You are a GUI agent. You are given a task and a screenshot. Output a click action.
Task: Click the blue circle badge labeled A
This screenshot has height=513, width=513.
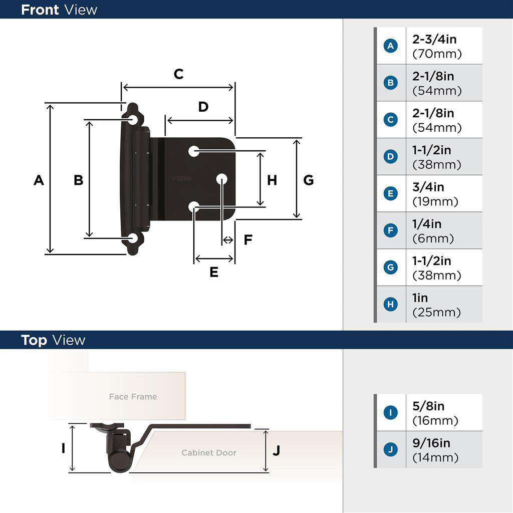pyautogui.click(x=391, y=46)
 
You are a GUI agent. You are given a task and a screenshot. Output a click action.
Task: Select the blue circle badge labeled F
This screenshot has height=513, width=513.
pyautogui.click(x=391, y=231)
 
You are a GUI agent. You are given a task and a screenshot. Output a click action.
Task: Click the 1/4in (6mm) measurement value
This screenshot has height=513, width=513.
pyautogui.click(x=433, y=231)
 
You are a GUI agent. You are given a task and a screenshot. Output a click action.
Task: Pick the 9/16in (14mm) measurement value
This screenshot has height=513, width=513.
pyautogui.click(x=435, y=450)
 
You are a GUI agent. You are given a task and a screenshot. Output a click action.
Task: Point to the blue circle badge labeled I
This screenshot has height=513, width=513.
pyautogui.click(x=391, y=413)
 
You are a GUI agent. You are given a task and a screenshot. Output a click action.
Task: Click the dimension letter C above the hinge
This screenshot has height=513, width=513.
pyautogui.click(x=178, y=74)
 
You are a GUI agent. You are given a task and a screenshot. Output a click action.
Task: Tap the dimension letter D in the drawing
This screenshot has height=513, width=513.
pyautogui.click(x=203, y=107)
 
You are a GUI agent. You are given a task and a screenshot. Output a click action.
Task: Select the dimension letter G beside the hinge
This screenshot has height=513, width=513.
pyautogui.click(x=309, y=180)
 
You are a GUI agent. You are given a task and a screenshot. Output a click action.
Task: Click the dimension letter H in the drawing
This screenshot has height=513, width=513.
pyautogui.click(x=272, y=180)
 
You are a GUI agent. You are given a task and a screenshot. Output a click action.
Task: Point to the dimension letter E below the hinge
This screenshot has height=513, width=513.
pyautogui.click(x=214, y=272)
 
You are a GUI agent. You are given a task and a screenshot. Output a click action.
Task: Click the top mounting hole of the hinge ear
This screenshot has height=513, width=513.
pyautogui.click(x=133, y=119)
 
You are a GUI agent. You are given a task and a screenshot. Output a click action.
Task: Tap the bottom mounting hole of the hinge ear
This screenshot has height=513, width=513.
pyautogui.click(x=133, y=238)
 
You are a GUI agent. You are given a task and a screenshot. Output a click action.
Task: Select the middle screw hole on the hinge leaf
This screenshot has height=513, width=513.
pyautogui.click(x=221, y=178)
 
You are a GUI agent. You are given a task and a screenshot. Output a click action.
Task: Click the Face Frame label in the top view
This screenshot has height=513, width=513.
pyautogui.click(x=133, y=397)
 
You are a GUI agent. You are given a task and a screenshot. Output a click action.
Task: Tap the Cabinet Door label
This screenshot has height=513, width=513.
pyautogui.click(x=208, y=453)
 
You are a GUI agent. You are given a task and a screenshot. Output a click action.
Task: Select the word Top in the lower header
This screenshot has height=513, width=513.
pyautogui.click(x=34, y=340)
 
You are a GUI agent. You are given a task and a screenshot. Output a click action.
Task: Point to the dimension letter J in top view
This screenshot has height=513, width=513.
pyautogui.click(x=276, y=450)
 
